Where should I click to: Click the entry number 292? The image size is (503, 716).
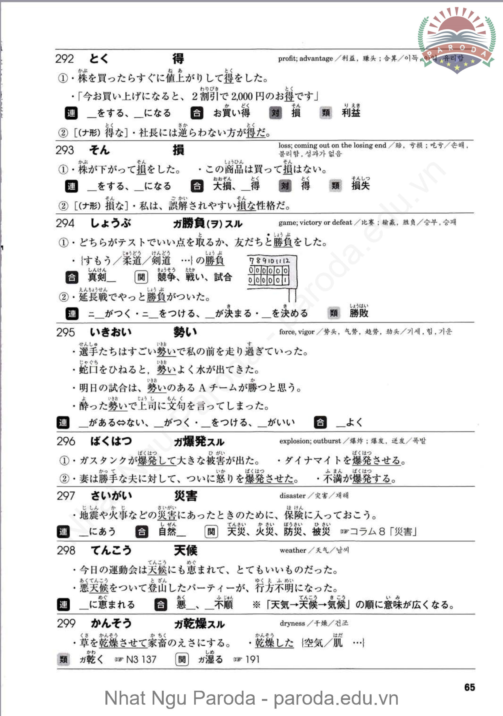click(65, 59)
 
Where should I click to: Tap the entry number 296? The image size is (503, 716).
click(66, 441)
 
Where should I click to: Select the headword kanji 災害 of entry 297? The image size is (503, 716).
click(186, 496)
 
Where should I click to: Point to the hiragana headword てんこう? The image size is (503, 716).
click(111, 550)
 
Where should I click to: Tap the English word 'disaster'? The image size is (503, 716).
click(292, 496)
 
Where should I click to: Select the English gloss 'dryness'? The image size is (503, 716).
click(292, 623)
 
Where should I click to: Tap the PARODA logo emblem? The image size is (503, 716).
click(457, 39)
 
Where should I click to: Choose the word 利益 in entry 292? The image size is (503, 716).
click(351, 113)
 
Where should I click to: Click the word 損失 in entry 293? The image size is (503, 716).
click(360, 186)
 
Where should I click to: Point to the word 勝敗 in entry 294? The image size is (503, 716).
click(359, 313)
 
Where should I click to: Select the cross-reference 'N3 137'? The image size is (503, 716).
click(141, 659)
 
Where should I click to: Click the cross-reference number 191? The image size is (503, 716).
click(252, 659)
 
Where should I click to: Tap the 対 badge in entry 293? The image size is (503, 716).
click(285, 186)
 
